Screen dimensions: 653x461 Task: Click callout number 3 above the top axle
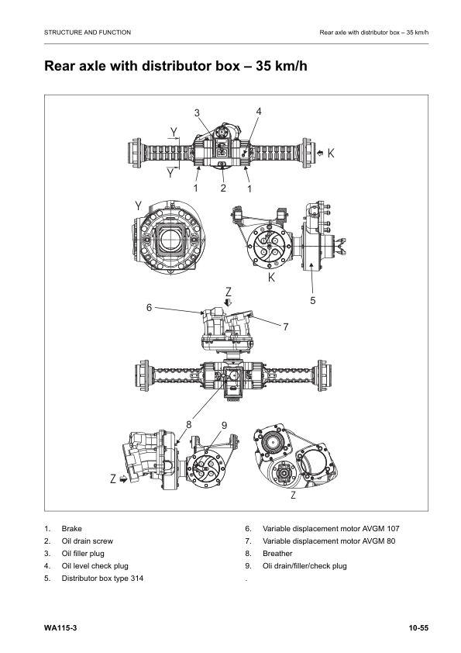197,113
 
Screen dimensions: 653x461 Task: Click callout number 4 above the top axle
259,111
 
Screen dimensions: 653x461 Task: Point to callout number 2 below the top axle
222,188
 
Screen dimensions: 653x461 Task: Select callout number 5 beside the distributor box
312,300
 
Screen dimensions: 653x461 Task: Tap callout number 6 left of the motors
148,307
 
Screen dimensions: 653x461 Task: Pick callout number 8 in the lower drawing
188,423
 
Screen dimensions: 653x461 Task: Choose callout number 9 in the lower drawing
224,424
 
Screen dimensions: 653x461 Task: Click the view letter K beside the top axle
331,154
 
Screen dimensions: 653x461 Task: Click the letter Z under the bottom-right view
293,494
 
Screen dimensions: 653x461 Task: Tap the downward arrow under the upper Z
229,302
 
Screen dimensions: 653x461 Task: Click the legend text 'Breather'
278,553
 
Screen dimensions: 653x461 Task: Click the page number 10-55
419,626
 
